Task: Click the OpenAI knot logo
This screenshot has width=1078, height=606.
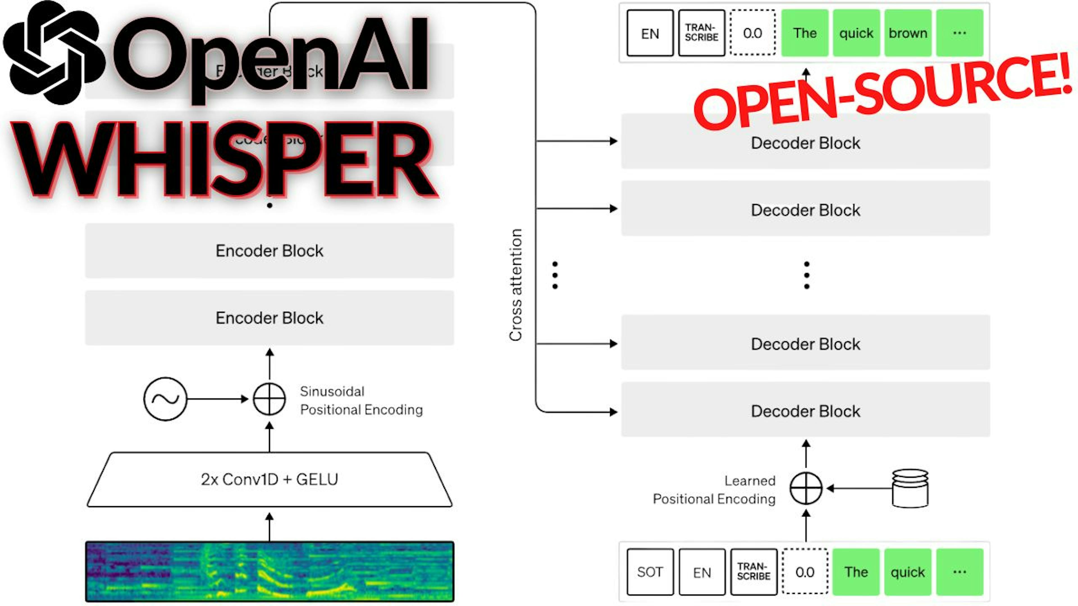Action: pos(54,52)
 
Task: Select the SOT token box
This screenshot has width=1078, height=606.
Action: pos(650,572)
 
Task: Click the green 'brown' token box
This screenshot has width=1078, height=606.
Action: pos(908,33)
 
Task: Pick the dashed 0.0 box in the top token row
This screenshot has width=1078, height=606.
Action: pos(752,33)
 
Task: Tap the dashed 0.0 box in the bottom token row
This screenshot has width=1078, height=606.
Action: pos(805,572)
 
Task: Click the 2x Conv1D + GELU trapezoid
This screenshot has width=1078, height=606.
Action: pos(269,479)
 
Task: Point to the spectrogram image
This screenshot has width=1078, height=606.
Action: pos(269,571)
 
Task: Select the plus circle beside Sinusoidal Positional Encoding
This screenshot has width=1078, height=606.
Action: pos(269,399)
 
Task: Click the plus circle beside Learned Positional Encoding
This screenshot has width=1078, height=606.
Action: pos(806,488)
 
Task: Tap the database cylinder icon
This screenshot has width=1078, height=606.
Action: pos(910,488)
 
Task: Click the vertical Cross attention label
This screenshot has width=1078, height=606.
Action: pos(516,284)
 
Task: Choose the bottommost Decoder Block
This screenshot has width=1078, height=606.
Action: pos(806,411)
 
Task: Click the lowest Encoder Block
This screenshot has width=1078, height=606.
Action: pos(269,318)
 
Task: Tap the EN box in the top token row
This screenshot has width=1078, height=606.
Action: pos(650,33)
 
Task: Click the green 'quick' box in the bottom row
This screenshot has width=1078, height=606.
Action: pos(908,572)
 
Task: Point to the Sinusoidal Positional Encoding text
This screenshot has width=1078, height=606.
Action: pos(361,401)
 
